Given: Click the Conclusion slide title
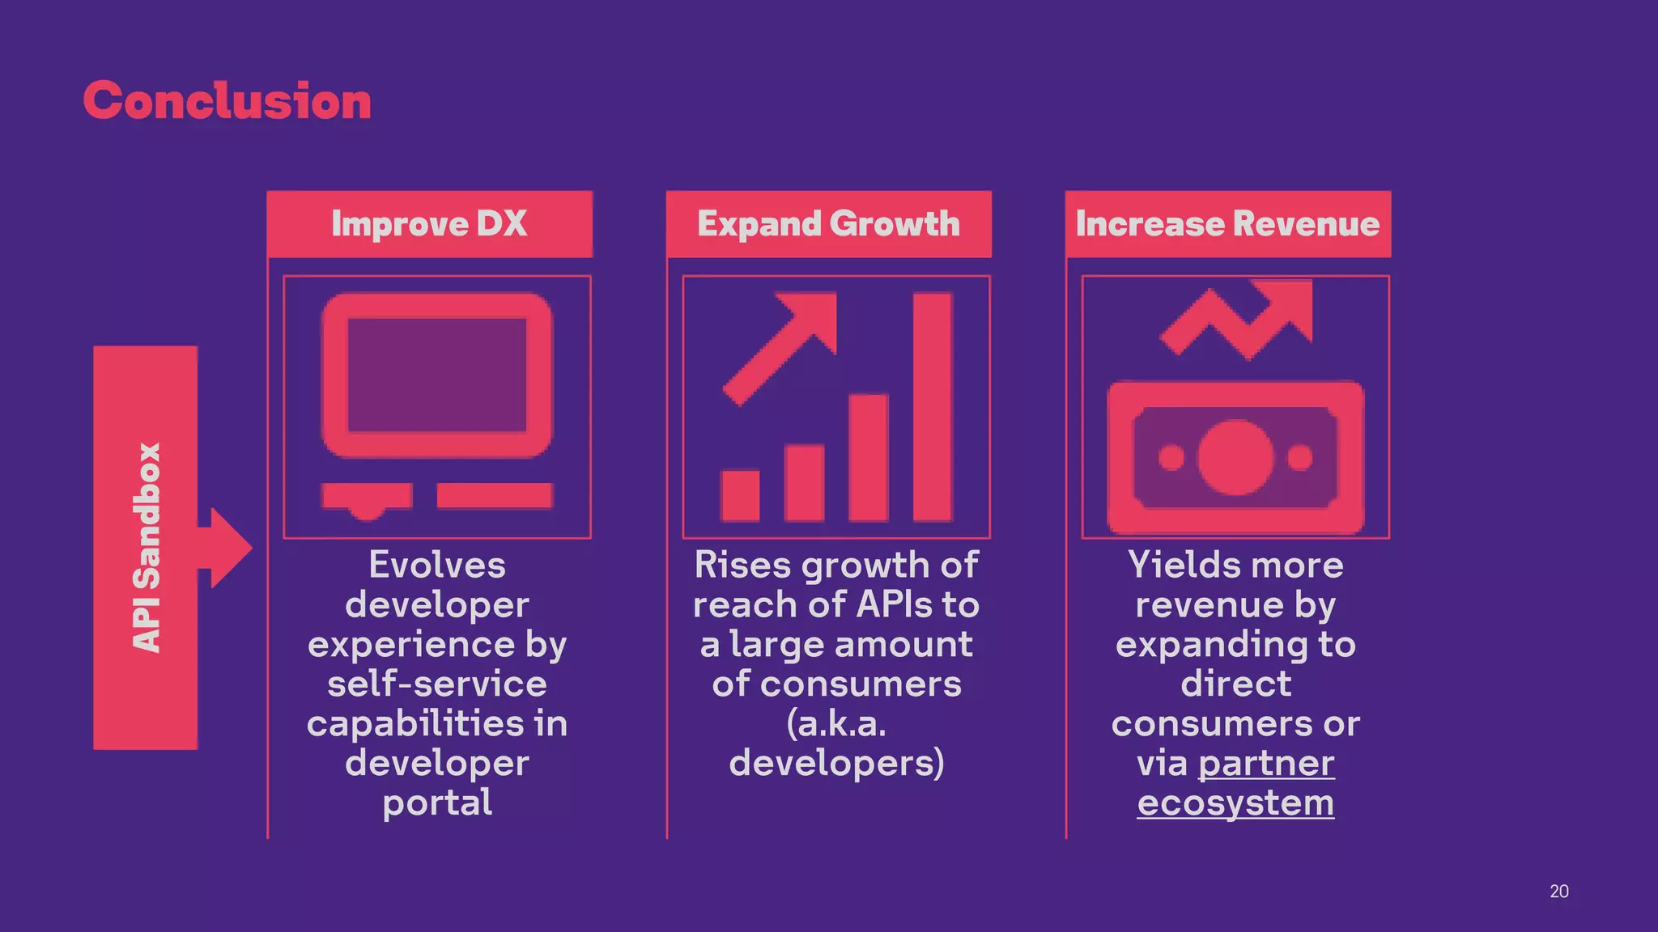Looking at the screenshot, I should point(227,101).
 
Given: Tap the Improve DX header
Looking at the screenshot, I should point(429,224).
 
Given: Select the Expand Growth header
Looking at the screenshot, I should point(828,224).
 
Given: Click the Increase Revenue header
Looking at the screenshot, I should point(1227,224).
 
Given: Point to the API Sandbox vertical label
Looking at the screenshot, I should point(147,548).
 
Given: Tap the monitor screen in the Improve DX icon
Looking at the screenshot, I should point(437,375).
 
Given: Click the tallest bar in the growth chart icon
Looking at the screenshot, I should point(932,407).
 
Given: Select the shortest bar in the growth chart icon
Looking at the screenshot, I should point(740,495).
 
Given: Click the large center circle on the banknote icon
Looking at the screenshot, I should point(1235,457).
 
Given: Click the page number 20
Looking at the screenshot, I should point(1558,892).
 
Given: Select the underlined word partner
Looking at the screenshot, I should point(1266,763).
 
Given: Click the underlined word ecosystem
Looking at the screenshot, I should point(1235,803).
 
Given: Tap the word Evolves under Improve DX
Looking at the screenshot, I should point(437,565).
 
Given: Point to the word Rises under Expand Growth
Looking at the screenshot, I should point(742,565).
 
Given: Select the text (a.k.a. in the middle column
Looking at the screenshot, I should point(836,723).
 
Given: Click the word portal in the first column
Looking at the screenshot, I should point(437,803).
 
